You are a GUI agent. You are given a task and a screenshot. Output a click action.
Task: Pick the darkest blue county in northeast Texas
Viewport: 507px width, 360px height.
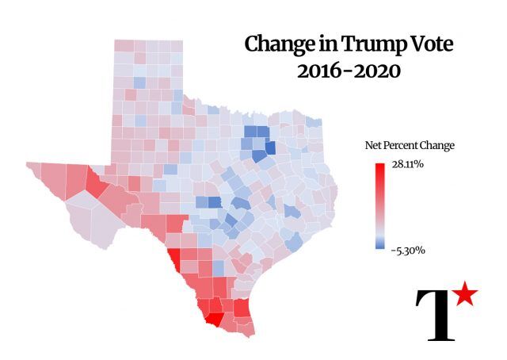(x=269, y=147)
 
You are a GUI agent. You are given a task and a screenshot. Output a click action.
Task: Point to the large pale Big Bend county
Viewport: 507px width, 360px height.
(x=86, y=214)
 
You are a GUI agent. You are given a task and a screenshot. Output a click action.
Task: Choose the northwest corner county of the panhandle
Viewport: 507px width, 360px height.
(x=124, y=46)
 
